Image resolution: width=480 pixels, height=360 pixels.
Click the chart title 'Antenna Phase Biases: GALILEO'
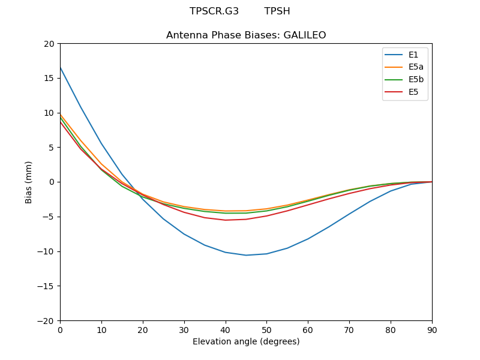coord(246,35)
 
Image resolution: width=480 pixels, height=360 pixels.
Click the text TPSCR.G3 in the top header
coord(214,11)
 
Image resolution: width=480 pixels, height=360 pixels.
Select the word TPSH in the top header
coord(277,11)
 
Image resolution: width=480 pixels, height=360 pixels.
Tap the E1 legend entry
coord(414,55)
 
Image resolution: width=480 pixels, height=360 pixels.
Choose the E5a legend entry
coord(416,67)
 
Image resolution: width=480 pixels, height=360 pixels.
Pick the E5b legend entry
coord(416,80)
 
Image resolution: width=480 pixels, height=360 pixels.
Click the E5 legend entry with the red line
coord(413,92)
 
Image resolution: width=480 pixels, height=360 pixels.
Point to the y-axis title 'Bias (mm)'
coord(29,182)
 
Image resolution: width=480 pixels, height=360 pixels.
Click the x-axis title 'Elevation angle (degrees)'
coord(246,342)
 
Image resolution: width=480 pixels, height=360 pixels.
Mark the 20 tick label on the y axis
coord(49,44)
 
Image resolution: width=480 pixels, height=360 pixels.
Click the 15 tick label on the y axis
coord(49,78)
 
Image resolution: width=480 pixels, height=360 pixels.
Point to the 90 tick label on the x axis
coord(432,329)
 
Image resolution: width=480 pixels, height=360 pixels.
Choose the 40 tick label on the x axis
coord(226,329)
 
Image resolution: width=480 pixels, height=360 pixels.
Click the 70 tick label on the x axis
coord(349,329)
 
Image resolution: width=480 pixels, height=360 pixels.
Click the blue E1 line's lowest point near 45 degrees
coord(246,255)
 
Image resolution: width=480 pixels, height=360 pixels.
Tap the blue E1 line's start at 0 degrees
coord(60,67)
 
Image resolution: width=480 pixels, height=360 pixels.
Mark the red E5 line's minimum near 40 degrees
coord(226,220)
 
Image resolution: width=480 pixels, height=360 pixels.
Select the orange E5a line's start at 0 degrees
coord(60,114)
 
